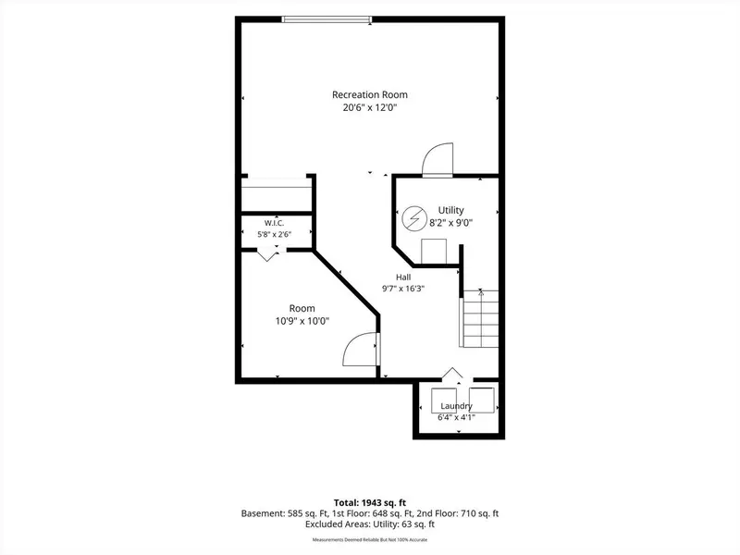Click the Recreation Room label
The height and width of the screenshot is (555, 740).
tap(369, 94)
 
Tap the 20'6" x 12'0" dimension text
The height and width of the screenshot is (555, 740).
tap(369, 107)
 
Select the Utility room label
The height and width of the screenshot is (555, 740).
tap(450, 210)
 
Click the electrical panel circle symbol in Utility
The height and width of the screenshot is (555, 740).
tap(414, 219)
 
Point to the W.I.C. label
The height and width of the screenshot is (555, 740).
tap(274, 223)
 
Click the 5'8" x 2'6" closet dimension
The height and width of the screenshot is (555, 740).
tap(274, 234)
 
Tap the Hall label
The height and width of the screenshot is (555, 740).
tap(403, 277)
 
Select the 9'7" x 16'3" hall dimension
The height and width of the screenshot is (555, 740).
tap(403, 289)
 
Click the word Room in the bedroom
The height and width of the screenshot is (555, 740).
tap(302, 308)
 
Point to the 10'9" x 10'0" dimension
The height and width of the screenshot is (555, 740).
tap(302, 321)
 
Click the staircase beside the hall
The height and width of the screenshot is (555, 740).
tap(479, 318)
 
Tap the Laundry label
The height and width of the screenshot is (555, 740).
tap(456, 406)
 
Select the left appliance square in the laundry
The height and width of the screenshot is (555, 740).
tap(444, 401)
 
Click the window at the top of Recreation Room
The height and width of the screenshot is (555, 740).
tap(327, 19)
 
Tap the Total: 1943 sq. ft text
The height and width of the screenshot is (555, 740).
tap(369, 502)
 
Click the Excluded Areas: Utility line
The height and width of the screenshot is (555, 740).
tap(369, 524)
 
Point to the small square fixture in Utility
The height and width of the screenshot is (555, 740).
tap(434, 251)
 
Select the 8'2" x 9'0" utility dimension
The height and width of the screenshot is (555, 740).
tap(450, 223)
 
